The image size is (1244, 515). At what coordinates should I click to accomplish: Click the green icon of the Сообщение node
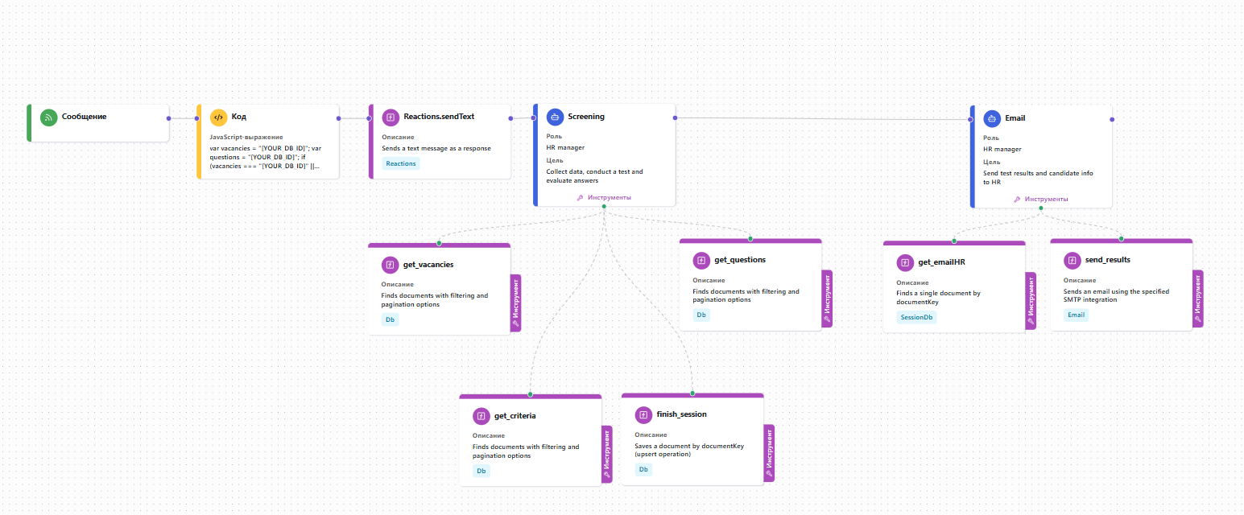click(49, 117)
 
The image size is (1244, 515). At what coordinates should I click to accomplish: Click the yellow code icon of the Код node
click(218, 117)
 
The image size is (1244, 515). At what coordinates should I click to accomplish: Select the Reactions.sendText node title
click(439, 117)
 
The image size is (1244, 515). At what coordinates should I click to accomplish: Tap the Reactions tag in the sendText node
click(400, 163)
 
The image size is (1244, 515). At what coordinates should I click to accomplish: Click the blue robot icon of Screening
click(555, 117)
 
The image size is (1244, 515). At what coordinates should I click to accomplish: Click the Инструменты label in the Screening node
click(610, 198)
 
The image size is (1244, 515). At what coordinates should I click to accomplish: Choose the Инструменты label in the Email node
click(1046, 200)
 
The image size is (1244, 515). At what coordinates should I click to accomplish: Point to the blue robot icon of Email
click(992, 118)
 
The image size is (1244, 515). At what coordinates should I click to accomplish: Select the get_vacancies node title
click(428, 265)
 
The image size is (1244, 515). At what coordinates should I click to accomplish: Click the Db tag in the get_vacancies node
click(390, 319)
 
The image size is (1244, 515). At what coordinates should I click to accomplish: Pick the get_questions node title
click(740, 260)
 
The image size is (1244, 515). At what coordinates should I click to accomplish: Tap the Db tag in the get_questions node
click(701, 315)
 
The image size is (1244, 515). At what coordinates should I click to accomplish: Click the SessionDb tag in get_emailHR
click(916, 317)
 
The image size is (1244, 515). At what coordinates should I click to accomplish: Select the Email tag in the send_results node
click(1076, 315)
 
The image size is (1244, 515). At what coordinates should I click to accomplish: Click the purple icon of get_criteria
click(481, 416)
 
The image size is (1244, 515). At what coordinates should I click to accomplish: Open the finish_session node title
click(681, 414)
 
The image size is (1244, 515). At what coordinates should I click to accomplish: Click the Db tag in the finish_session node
click(643, 469)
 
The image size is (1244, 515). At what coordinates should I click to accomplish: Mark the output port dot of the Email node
click(1112, 120)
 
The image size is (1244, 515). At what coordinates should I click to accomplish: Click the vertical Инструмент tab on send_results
click(1198, 299)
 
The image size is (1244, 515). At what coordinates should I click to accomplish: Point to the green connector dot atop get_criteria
click(531, 394)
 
